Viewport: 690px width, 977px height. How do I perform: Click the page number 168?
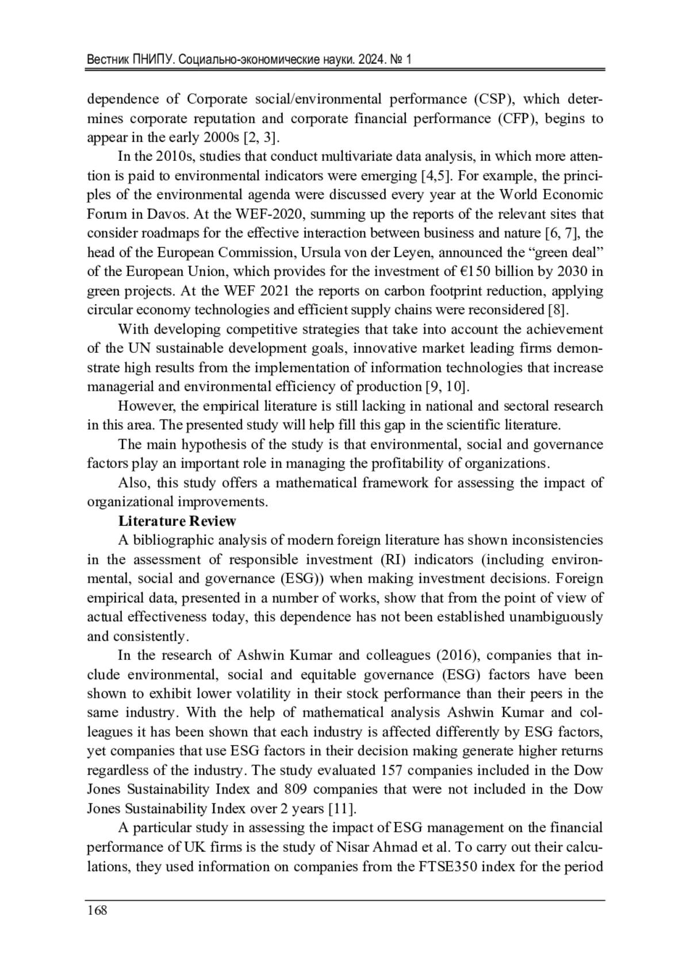tap(97, 910)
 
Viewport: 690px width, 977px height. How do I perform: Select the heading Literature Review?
tap(177, 521)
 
